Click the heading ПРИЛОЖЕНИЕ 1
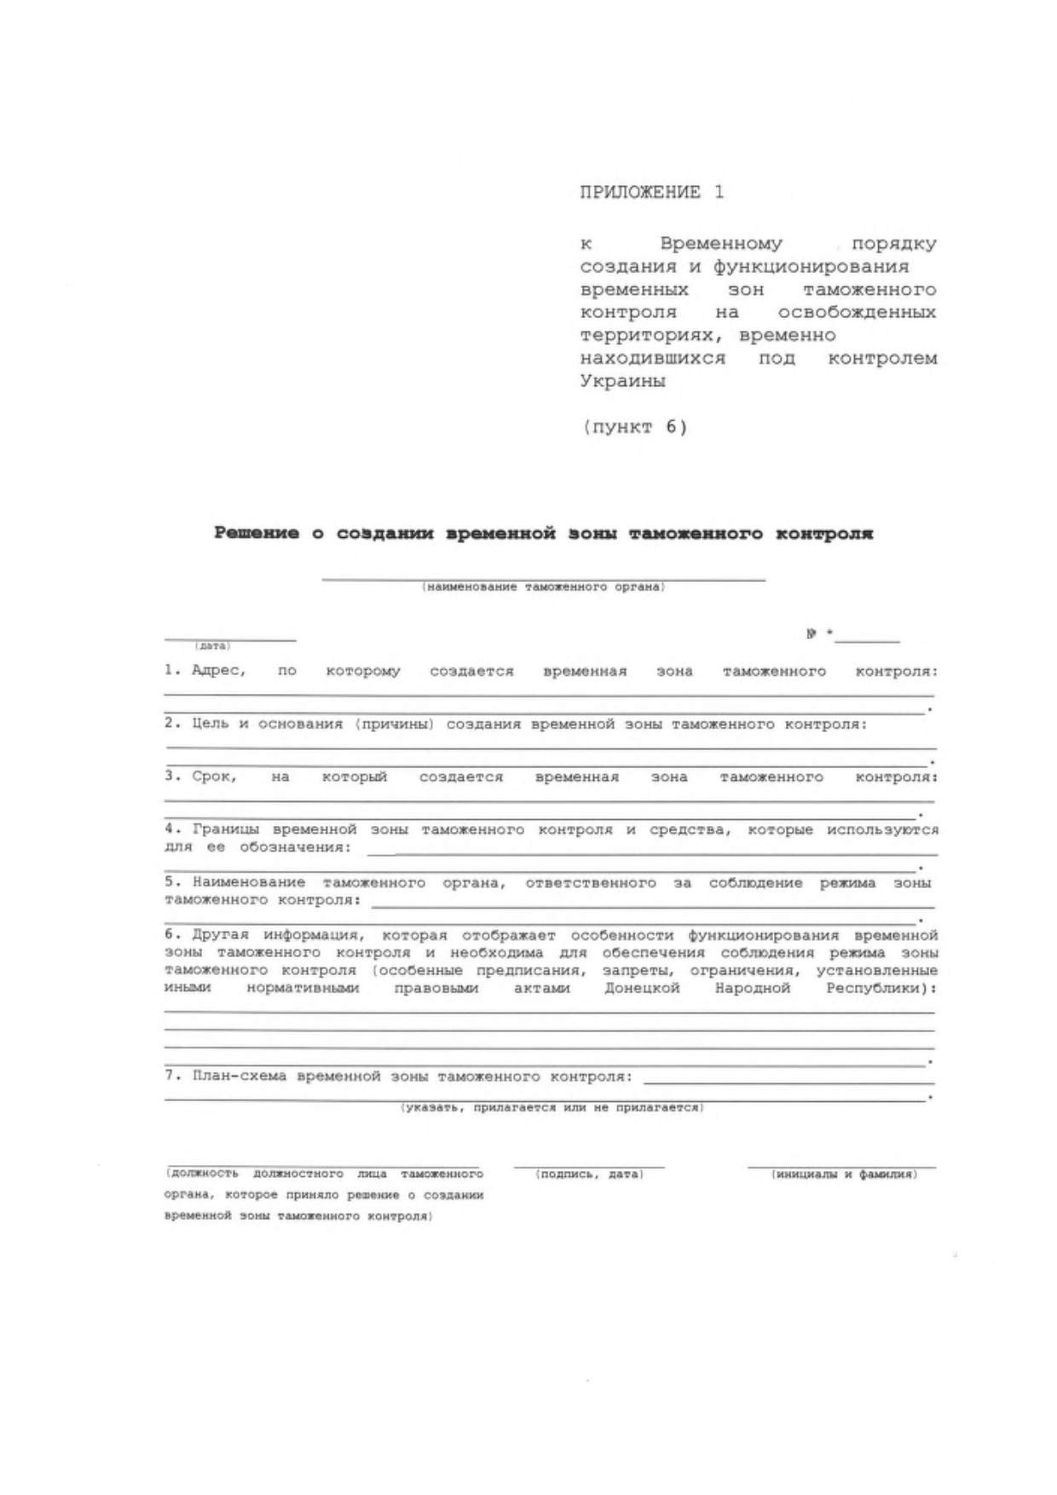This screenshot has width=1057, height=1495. tap(651, 193)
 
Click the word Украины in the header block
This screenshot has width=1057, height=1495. tap(622, 381)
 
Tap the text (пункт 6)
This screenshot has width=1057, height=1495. tap(635, 427)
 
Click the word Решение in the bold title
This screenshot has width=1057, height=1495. tap(257, 534)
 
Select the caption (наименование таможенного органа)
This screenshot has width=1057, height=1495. tap(543, 587)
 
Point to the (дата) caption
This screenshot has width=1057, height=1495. tap(212, 646)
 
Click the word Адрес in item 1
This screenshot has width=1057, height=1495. tap(218, 671)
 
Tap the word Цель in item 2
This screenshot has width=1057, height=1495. tap(208, 724)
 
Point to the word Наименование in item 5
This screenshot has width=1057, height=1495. tap(248, 882)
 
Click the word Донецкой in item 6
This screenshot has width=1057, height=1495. tap(642, 988)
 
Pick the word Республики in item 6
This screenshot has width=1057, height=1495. tap(877, 988)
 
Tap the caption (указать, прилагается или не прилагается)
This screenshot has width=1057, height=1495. tap(552, 1107)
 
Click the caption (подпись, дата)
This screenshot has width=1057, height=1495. tap(589, 1175)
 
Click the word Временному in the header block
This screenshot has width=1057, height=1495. tap(721, 244)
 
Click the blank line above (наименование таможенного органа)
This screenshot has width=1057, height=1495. tap(543, 579)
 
